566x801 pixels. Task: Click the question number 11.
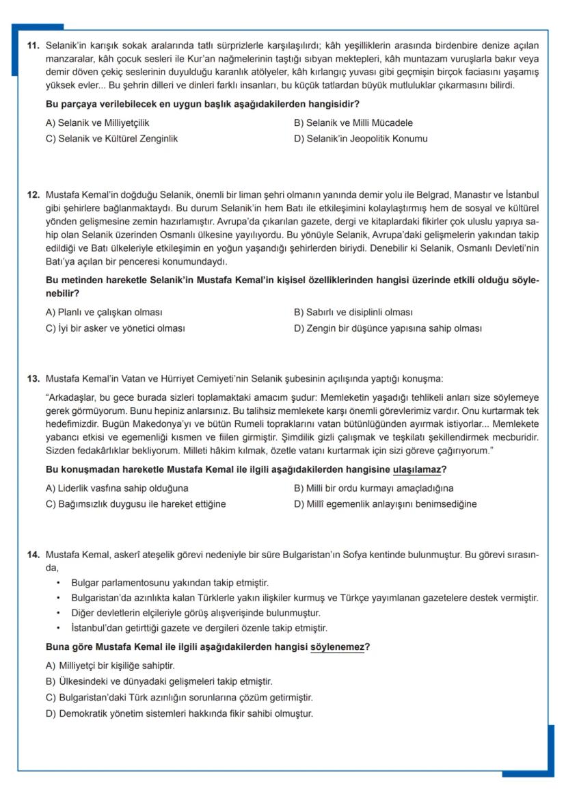tap(33, 46)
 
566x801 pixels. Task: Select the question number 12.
tap(33, 195)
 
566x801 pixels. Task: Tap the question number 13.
tap(33, 378)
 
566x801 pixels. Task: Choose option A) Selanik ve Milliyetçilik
tap(97, 123)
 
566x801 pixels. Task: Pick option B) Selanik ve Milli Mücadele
tap(353, 123)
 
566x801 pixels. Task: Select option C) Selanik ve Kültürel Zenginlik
tap(111, 138)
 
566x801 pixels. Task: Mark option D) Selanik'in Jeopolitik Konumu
tap(360, 138)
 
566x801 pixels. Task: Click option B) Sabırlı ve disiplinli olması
tap(353, 313)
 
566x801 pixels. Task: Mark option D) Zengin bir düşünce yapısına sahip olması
tap(387, 328)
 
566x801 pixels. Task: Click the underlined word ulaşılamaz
tap(416, 470)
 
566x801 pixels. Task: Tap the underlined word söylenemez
tap(337, 646)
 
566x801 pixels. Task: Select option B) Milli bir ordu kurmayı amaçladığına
tap(373, 488)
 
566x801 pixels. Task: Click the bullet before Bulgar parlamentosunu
tap(60, 583)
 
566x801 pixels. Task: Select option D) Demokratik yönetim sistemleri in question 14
tap(178, 713)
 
